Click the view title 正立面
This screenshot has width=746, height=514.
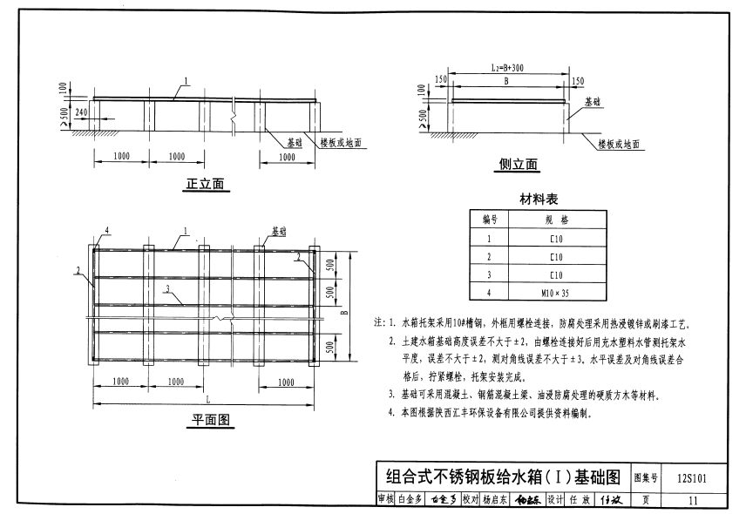(206, 184)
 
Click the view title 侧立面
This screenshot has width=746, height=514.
(519, 165)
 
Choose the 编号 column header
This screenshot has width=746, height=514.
(489, 220)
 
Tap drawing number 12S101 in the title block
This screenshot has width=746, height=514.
(691, 478)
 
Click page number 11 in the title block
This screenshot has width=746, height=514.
(692, 500)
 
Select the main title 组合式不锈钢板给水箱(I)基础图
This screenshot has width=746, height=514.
(502, 477)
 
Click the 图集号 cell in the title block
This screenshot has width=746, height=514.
(644, 478)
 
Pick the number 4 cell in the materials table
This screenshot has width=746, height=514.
(489, 293)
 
